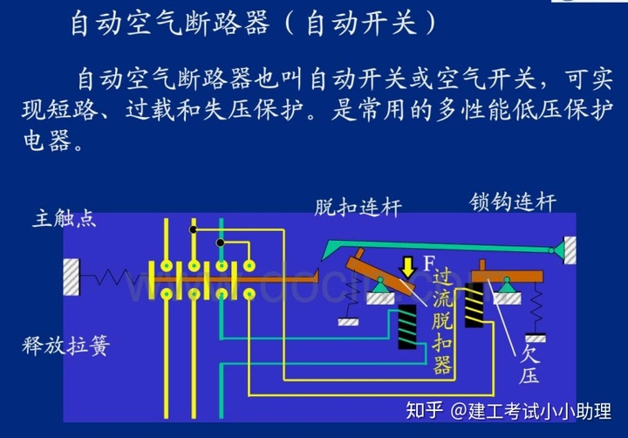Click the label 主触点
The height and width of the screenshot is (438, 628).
(65, 218)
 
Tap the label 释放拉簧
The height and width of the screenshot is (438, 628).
(65, 346)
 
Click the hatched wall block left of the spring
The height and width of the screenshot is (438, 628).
(72, 277)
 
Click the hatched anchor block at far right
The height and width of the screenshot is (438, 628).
(569, 250)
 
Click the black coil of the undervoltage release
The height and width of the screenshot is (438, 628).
(474, 304)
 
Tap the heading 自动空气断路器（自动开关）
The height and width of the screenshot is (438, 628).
(253, 23)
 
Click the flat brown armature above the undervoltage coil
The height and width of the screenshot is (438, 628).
(506, 276)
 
